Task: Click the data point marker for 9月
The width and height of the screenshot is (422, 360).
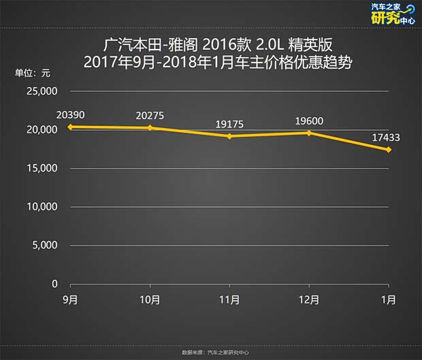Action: (x=70, y=127)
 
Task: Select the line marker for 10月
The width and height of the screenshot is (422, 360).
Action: (x=150, y=128)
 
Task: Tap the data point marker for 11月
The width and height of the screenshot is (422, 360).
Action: (x=229, y=136)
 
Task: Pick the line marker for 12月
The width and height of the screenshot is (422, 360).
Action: (x=309, y=133)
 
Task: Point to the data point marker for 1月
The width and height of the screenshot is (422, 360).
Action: (x=389, y=150)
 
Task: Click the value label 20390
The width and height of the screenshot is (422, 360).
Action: (x=71, y=114)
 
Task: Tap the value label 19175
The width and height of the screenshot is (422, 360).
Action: (x=230, y=124)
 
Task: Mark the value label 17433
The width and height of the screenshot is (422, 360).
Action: (x=386, y=137)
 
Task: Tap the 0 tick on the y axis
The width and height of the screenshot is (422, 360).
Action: (x=54, y=284)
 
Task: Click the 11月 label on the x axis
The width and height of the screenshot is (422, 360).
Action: (x=229, y=299)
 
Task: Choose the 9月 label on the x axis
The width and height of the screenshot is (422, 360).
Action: (x=70, y=299)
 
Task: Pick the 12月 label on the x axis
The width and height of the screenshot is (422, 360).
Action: (x=309, y=299)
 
